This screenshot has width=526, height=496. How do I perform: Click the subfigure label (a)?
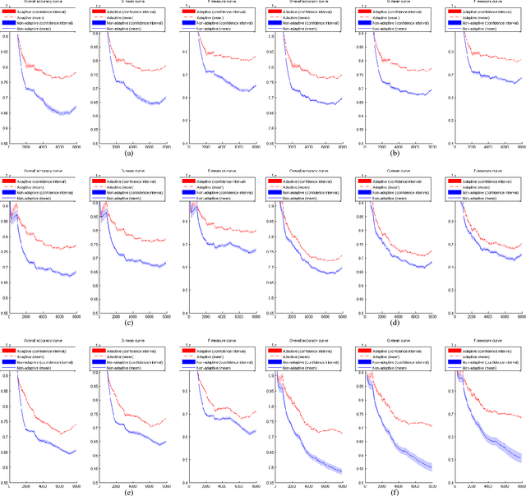pyautogui.click(x=128, y=154)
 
